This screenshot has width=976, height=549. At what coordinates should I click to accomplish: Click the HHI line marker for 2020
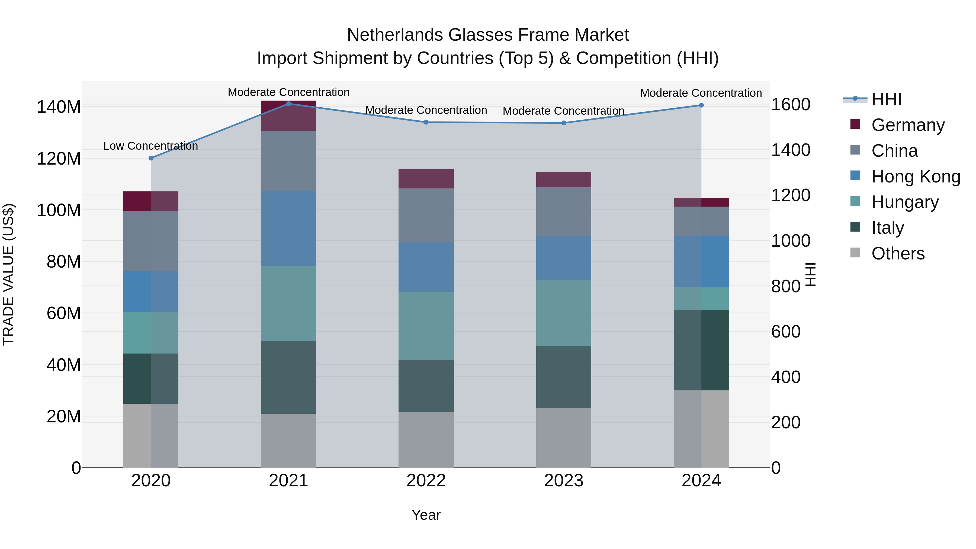coord(151,158)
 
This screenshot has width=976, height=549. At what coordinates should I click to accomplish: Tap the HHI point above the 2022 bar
coord(426,122)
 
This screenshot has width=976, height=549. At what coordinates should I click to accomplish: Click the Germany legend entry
coord(908,125)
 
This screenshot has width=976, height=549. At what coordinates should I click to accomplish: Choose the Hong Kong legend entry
coord(915,176)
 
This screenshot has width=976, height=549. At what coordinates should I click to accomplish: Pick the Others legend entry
coord(898,253)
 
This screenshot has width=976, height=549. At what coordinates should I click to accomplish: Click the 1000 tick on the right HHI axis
coord(791,241)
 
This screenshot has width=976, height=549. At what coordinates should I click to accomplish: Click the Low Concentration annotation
coord(150,146)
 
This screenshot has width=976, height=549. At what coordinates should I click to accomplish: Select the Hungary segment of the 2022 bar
coord(426,326)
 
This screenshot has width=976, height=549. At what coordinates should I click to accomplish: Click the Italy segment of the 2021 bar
coord(288,377)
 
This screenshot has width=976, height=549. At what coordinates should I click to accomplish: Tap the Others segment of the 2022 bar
coord(426,439)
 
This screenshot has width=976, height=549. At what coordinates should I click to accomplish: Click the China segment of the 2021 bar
coord(288,161)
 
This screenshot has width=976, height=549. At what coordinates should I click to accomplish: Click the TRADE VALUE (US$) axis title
coord(8,274)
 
